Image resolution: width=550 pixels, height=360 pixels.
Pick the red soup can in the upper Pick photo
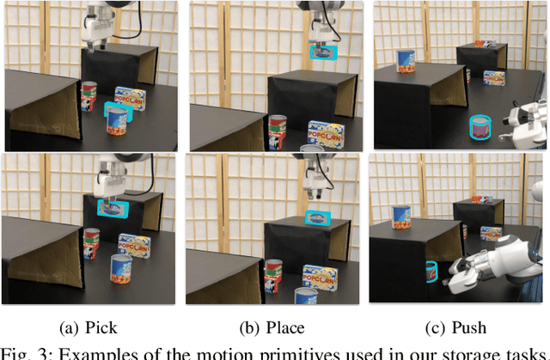tap(89, 98)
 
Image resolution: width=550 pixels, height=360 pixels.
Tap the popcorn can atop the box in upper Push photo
tap(406, 60)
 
